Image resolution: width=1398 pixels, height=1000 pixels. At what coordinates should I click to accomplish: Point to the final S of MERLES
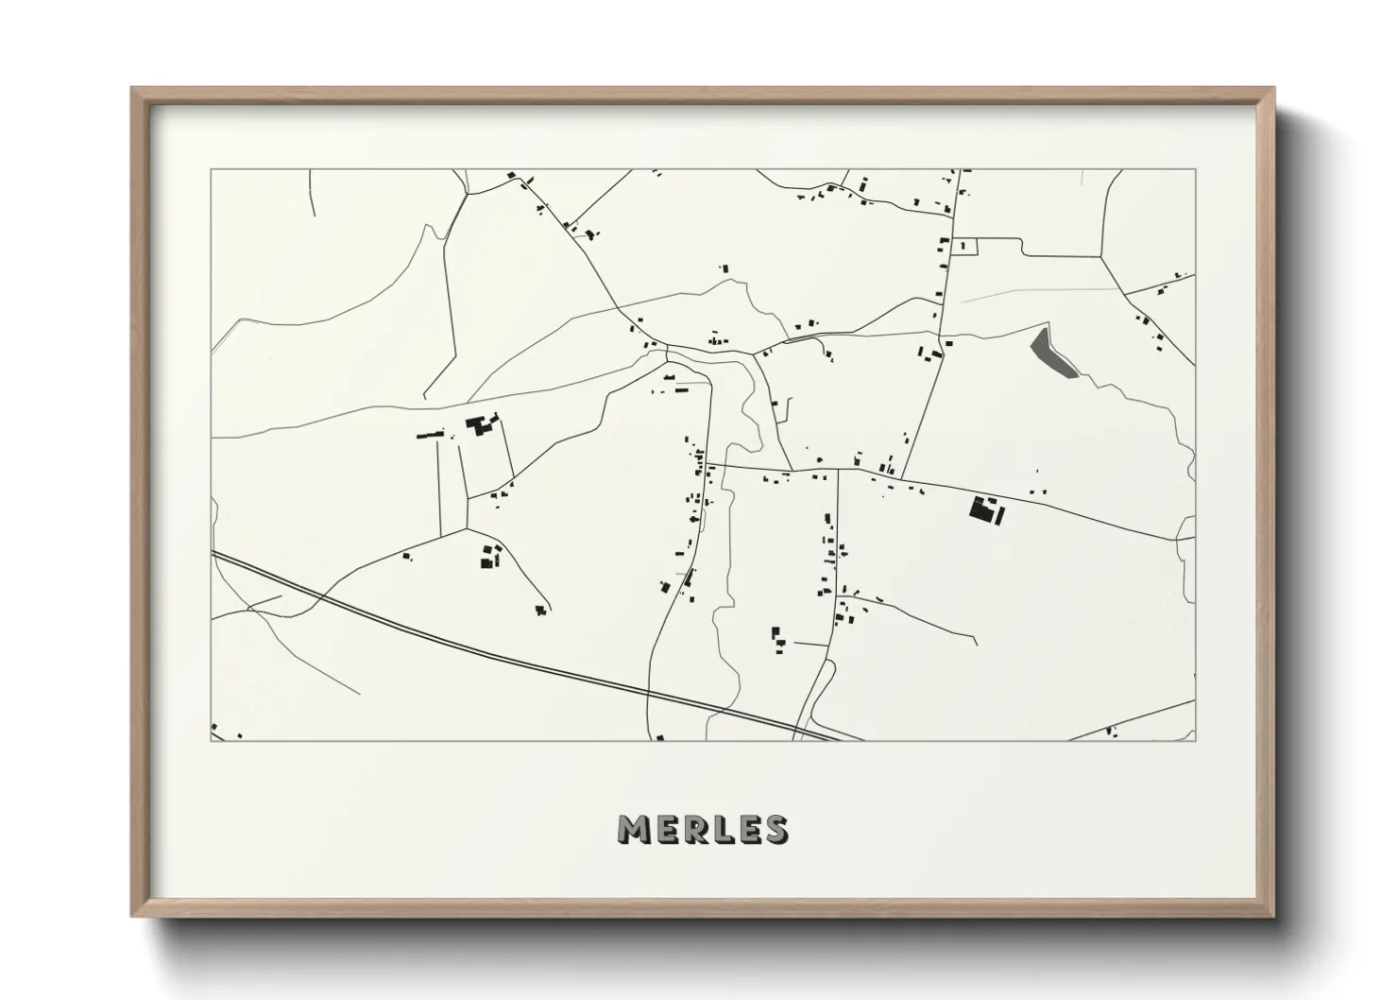[775, 829]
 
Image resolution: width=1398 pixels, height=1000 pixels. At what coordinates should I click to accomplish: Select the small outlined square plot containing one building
[963, 246]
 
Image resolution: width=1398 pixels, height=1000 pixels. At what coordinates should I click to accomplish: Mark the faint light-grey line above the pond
[1039, 293]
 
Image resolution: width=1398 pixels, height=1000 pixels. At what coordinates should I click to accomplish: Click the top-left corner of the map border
[212, 170]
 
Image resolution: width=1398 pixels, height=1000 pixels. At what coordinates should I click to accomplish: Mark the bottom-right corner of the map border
[1195, 740]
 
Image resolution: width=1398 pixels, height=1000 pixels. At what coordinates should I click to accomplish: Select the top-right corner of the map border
[1195, 170]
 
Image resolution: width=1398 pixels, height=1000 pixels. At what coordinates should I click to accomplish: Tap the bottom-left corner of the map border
[212, 740]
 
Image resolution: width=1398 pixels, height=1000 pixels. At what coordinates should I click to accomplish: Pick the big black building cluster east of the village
[984, 510]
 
